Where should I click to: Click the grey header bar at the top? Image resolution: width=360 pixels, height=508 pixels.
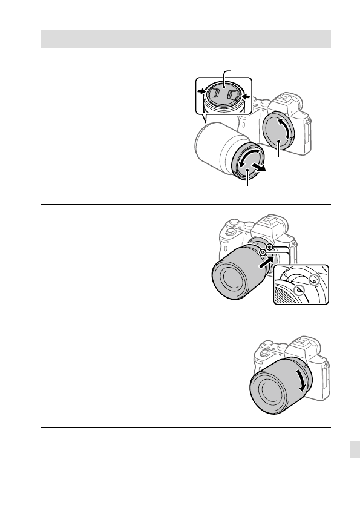point(185,38)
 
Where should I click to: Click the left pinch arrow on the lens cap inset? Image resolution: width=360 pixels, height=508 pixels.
point(201,92)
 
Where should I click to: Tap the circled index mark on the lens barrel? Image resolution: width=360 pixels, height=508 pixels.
point(263,252)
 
